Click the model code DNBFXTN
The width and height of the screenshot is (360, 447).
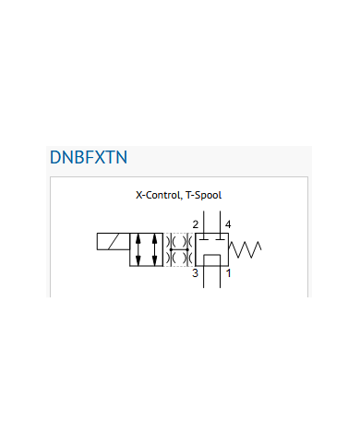tap(89, 157)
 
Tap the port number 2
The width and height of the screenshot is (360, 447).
tap(196, 224)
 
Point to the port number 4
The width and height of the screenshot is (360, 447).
tap(228, 224)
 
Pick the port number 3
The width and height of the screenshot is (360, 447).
tap(195, 273)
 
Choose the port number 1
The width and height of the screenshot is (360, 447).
tap(228, 273)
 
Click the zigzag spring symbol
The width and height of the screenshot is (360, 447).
tap(245, 249)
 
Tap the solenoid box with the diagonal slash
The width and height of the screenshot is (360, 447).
tap(114, 241)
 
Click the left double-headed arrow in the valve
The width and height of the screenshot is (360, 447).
tap(138, 249)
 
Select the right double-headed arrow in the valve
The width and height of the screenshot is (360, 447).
tap(155, 249)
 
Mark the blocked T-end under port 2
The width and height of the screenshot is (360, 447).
tap(204, 238)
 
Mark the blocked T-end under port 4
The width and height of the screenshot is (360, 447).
tap(220, 238)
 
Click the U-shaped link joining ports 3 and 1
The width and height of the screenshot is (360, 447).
tap(212, 255)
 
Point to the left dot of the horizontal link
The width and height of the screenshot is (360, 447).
tap(171, 249)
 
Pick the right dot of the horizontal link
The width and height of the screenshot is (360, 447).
tap(187, 249)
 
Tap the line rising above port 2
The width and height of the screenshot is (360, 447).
tap(204, 222)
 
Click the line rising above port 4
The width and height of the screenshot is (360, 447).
tap(220, 222)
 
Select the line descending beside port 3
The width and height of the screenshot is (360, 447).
tap(204, 277)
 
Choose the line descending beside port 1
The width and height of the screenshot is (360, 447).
tap(220, 277)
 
